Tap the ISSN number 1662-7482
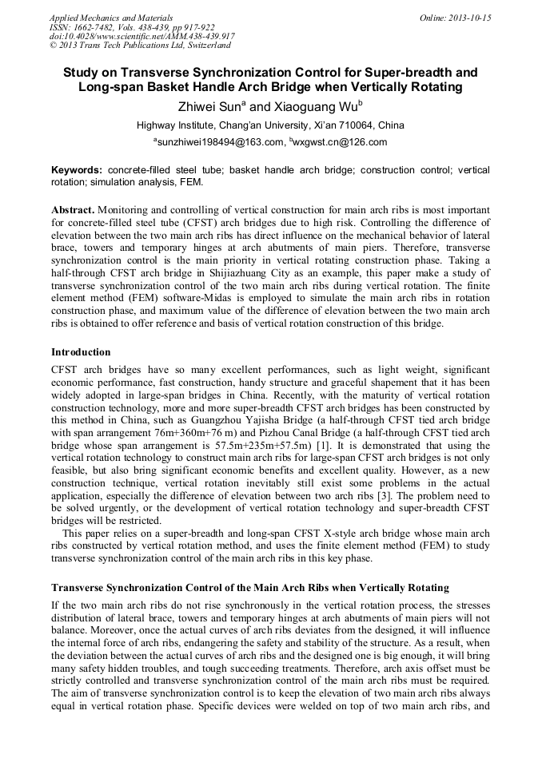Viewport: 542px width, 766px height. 96,26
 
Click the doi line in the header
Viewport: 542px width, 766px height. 141,36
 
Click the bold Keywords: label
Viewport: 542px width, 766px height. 77,170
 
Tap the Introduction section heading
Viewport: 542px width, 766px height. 81,352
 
